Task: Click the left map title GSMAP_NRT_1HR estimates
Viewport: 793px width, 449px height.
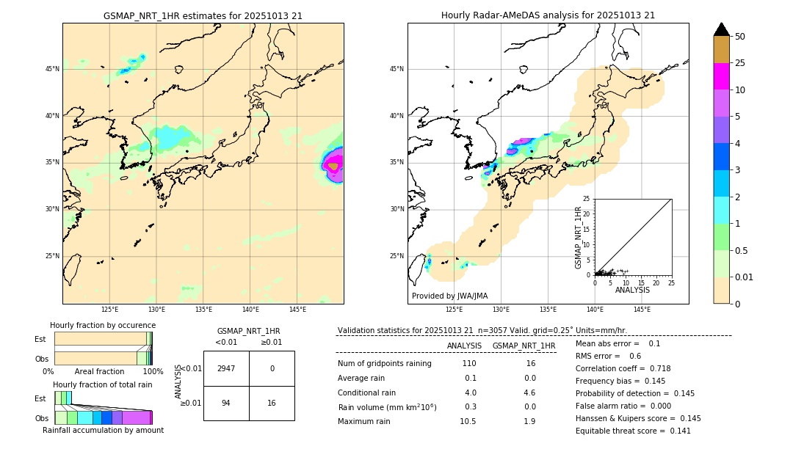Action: pos(203,15)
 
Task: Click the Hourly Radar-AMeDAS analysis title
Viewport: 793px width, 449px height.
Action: pos(548,15)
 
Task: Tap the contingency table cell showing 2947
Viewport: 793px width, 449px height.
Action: pos(226,368)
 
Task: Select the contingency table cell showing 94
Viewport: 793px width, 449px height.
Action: pos(226,403)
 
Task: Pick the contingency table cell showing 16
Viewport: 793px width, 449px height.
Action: pos(272,403)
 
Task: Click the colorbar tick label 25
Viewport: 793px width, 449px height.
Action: pos(740,63)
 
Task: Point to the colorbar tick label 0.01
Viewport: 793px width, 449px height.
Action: pos(745,277)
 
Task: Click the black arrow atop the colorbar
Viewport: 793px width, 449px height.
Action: pos(722,29)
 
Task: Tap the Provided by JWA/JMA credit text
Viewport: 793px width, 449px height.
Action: pos(449,296)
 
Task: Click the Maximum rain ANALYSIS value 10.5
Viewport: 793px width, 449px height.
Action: pos(468,421)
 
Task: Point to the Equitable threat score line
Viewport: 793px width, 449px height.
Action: pos(633,431)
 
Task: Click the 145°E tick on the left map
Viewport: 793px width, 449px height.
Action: pos(297,310)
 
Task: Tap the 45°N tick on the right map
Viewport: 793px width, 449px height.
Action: pos(396,69)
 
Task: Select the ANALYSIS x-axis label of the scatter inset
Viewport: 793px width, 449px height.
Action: pos(632,290)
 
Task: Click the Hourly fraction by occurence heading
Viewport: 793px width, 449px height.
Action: pos(103,325)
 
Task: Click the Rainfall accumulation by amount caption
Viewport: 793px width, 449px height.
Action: pos(103,430)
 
